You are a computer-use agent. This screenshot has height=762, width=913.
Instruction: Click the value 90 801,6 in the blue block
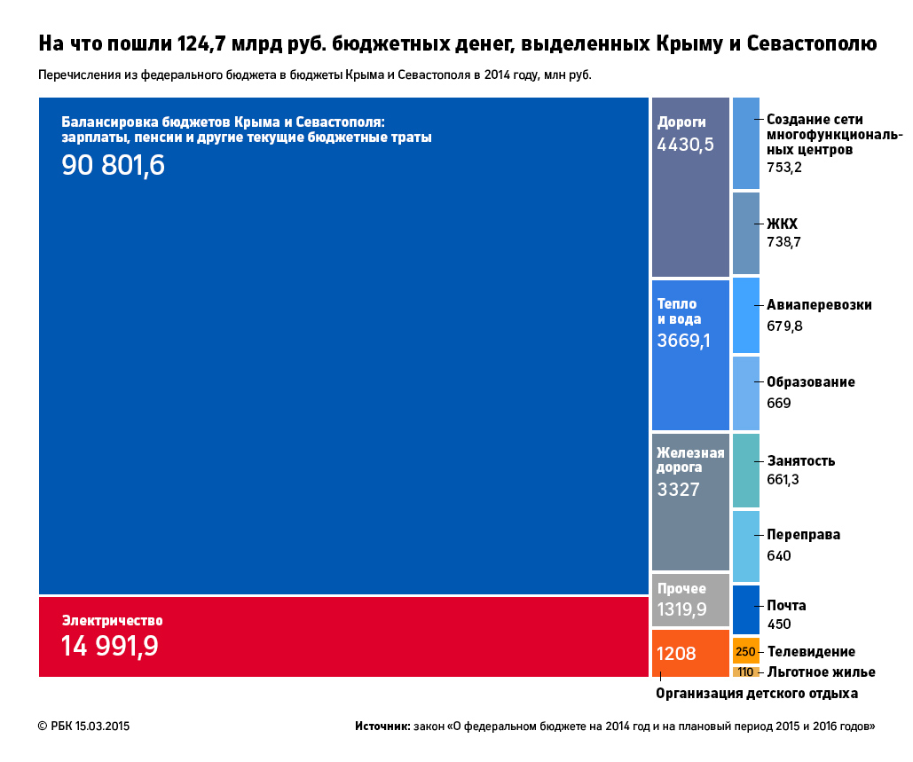pos(113,166)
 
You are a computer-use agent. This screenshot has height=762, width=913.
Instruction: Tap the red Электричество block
pos(343,636)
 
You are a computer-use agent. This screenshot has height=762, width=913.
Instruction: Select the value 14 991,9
pos(110,647)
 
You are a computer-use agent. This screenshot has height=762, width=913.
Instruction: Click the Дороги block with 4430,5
pos(690,187)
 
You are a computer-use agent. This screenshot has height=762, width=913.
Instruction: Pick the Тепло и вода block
pos(690,355)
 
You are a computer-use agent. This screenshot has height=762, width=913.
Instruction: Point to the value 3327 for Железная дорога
pos(679,489)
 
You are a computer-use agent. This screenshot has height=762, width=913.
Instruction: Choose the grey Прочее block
pos(690,600)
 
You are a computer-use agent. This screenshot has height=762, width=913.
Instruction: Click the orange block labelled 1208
pos(690,653)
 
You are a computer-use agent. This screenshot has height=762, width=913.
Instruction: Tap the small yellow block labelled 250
pos(746,651)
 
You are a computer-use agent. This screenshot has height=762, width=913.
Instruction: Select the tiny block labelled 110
pos(746,672)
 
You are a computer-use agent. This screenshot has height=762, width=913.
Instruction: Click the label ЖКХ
pos(783,224)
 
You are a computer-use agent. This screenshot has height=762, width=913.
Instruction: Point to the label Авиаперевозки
pos(819,305)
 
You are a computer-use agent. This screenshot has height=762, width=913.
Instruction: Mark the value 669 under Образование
pos(779,404)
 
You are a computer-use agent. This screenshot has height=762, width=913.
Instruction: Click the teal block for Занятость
pos(746,470)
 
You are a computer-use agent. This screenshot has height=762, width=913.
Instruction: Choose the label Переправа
pos(803,535)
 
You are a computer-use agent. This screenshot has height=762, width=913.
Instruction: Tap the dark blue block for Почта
pos(746,609)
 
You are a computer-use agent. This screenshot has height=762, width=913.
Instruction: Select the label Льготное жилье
pos(821,672)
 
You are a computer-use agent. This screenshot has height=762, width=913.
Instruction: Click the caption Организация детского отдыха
pos(757,693)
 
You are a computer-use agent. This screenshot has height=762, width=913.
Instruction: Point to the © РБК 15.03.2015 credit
pos(84,727)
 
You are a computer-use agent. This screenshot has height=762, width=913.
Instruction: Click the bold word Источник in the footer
pos(382,727)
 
